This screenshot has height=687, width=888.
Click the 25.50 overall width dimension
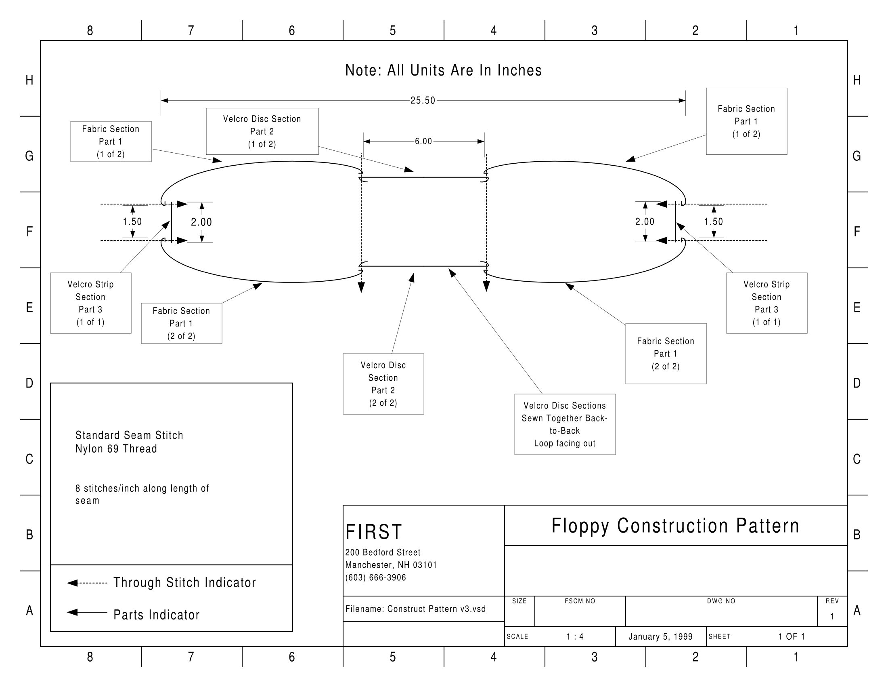coord(423,101)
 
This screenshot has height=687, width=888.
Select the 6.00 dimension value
coord(423,141)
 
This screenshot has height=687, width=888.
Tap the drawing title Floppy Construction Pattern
coord(675,525)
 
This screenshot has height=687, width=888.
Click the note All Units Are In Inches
coord(443,70)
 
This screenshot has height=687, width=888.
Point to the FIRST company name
coord(374,531)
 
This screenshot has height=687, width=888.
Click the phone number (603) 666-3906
coord(376,577)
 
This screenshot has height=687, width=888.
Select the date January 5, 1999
coord(660,636)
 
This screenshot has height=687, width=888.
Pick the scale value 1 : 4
coord(575,636)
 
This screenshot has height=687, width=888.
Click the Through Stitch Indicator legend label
coord(184,582)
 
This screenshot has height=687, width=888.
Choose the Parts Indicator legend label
coord(157,615)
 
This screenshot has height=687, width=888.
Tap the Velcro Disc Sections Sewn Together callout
coord(565,424)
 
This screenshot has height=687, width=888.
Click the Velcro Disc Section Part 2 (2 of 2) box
coord(383,384)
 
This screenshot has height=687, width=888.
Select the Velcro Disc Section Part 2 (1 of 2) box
coord(262,131)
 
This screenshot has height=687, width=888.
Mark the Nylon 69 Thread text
coord(116,449)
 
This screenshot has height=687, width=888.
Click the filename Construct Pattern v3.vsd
coord(415,609)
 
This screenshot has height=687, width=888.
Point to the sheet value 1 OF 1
coord(792,636)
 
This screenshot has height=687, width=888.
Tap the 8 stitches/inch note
coord(142,494)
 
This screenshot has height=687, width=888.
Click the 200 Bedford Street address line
coord(383,552)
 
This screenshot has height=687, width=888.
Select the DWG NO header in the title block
coord(721,601)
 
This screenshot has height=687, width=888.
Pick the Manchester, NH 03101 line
coord(391,565)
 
